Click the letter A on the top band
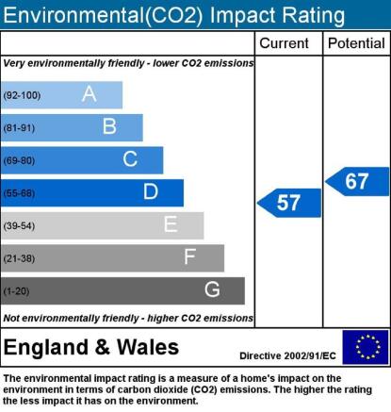pyautogui.click(x=90, y=93)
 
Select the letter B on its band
pyautogui.click(x=109, y=126)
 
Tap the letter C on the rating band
pyautogui.click(x=130, y=159)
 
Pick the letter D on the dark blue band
pyautogui.click(x=151, y=191)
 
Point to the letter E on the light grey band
pyautogui.click(x=171, y=224)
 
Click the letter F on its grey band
pyautogui.click(x=190, y=256)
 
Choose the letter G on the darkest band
pyautogui.click(x=212, y=289)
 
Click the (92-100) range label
pyautogui.click(x=22, y=95)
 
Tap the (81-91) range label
pyautogui.click(x=19, y=128)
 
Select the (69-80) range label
pyautogui.click(x=19, y=160)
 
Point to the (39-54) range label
pyautogui.click(x=19, y=225)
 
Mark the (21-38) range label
pyautogui.click(x=19, y=258)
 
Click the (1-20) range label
pyautogui.click(x=16, y=291)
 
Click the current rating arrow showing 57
pyautogui.click(x=289, y=203)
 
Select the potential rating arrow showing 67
pyautogui.click(x=357, y=182)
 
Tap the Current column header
pyautogui.click(x=284, y=43)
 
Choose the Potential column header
pyautogui.click(x=356, y=43)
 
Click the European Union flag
pyautogui.click(x=366, y=347)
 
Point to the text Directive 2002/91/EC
pyautogui.click(x=287, y=355)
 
